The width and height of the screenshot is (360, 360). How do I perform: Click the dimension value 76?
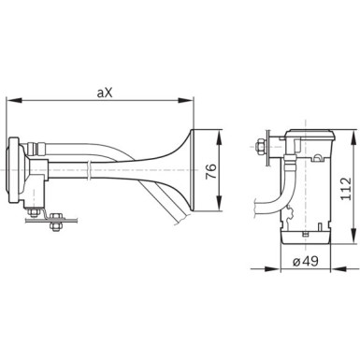[x=210, y=171]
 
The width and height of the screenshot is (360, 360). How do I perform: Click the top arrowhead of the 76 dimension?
[x=221, y=132]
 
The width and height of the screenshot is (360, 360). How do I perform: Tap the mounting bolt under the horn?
[x=53, y=221]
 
